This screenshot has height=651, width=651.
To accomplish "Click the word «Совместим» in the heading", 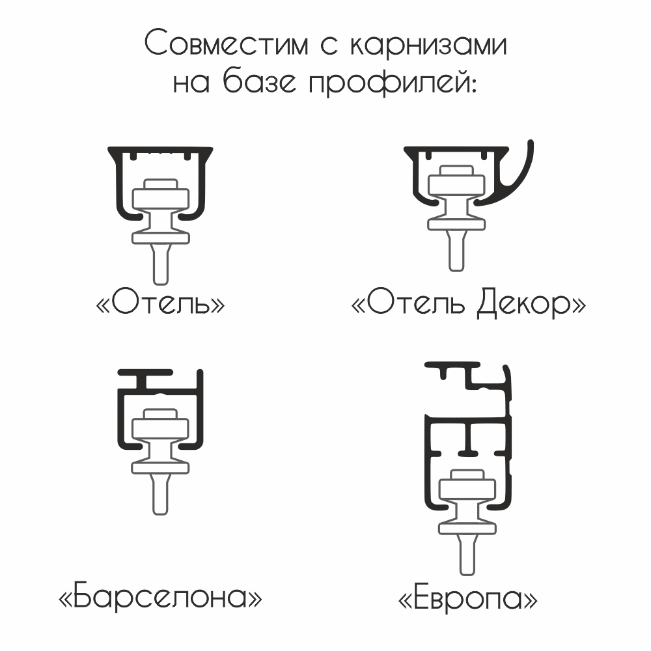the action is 227,43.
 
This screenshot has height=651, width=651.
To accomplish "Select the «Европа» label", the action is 467,598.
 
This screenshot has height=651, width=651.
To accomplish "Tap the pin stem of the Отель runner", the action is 161,264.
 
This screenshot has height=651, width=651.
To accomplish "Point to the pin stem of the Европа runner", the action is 467,555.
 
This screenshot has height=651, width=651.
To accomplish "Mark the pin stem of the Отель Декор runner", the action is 456,251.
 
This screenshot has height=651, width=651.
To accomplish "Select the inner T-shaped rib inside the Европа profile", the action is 468,438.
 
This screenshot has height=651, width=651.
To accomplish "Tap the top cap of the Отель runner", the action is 161,184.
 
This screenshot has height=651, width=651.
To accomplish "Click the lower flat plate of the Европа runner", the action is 467,528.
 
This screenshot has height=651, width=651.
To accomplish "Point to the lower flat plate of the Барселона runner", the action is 160,468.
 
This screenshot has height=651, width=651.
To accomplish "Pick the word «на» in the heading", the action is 191,84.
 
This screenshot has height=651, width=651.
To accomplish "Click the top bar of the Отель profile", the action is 160,150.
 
